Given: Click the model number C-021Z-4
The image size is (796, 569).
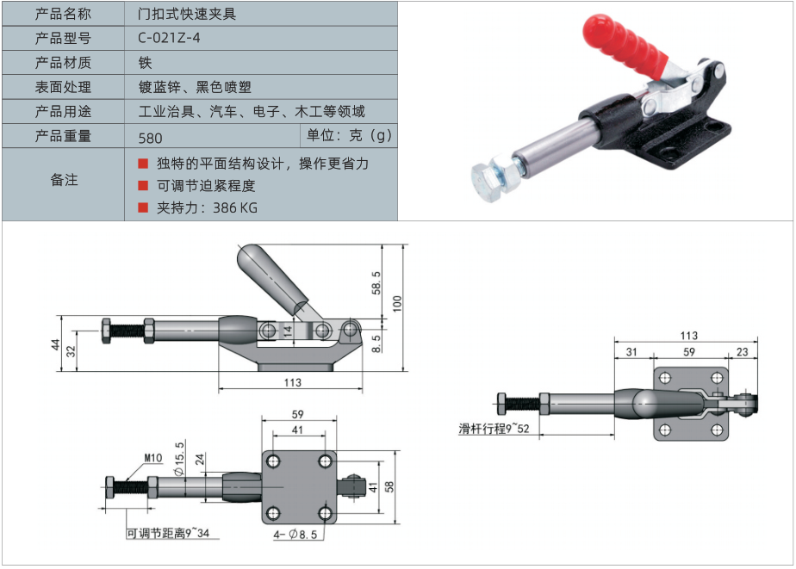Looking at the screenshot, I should [169, 38].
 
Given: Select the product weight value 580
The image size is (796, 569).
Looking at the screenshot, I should [150, 137].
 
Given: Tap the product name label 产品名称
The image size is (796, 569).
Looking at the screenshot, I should [63, 14].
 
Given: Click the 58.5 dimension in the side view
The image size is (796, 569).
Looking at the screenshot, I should [376, 281].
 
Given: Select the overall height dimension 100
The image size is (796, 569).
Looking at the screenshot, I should [397, 304].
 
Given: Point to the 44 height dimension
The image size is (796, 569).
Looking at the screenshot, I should [54, 344].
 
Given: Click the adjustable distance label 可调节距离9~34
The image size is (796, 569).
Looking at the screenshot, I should [168, 534].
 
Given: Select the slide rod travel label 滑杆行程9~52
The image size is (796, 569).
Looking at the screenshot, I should [494, 428].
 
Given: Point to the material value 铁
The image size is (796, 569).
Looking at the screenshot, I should [145, 63].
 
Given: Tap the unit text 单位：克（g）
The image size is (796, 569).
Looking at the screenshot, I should [348, 135].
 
